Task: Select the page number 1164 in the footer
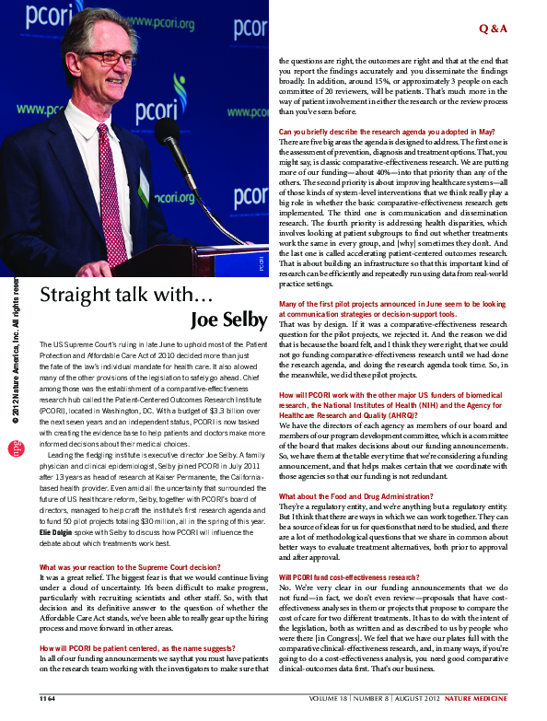coord(47,699)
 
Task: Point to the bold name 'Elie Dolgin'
coord(58,530)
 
